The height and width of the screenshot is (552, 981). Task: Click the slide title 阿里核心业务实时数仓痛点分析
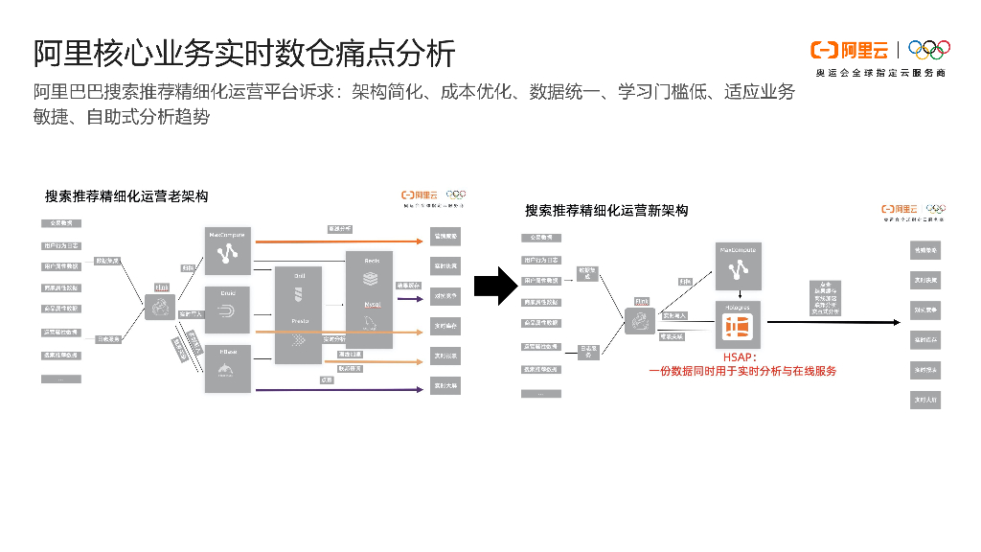pyautogui.click(x=244, y=53)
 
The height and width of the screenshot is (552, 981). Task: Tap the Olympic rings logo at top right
pyautogui.click(x=928, y=49)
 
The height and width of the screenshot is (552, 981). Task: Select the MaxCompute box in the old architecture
pyautogui.click(x=228, y=250)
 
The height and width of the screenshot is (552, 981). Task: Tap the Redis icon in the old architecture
pyautogui.click(x=371, y=279)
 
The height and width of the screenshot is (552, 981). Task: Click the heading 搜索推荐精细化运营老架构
pyautogui.click(x=126, y=196)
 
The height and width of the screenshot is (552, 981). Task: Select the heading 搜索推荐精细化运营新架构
pyautogui.click(x=606, y=211)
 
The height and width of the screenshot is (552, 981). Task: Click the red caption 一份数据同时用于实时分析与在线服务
pyautogui.click(x=742, y=371)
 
